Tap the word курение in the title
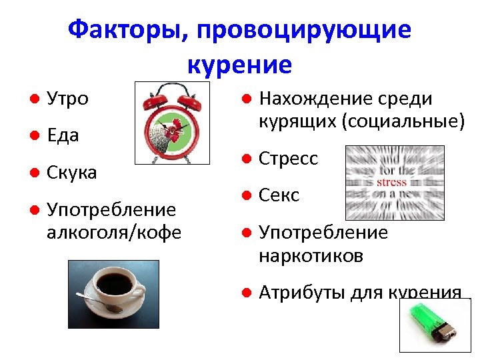pos(239,65)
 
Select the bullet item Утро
pos(67,99)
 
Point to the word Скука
pos(72,173)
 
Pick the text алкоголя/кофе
pos(114,233)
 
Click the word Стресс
pos(288,159)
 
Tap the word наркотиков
pos(311,256)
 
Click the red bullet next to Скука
pos(32,173)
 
